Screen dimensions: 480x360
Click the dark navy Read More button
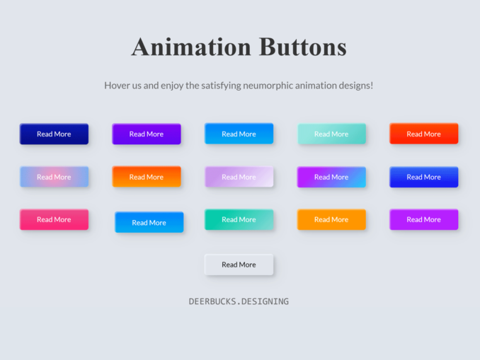tap(55, 134)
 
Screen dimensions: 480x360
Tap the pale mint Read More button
tap(331, 134)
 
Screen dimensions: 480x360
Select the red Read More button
tap(423, 134)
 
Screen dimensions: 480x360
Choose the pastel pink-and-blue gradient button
tap(55, 177)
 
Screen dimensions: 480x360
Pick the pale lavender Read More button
tap(239, 177)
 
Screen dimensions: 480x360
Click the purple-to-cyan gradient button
tap(331, 177)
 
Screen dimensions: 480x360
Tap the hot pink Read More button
tap(55, 219)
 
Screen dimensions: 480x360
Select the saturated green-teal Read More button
tap(239, 219)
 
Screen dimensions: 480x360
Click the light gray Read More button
tap(239, 265)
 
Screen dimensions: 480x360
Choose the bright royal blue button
tap(423, 177)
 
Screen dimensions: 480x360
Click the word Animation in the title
tap(192, 47)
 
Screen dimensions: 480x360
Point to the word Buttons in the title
tap(303, 47)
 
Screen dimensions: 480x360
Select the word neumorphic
tap(268, 86)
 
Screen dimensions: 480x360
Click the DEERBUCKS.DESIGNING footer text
tap(239, 301)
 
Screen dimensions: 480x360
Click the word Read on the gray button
tap(229, 265)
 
